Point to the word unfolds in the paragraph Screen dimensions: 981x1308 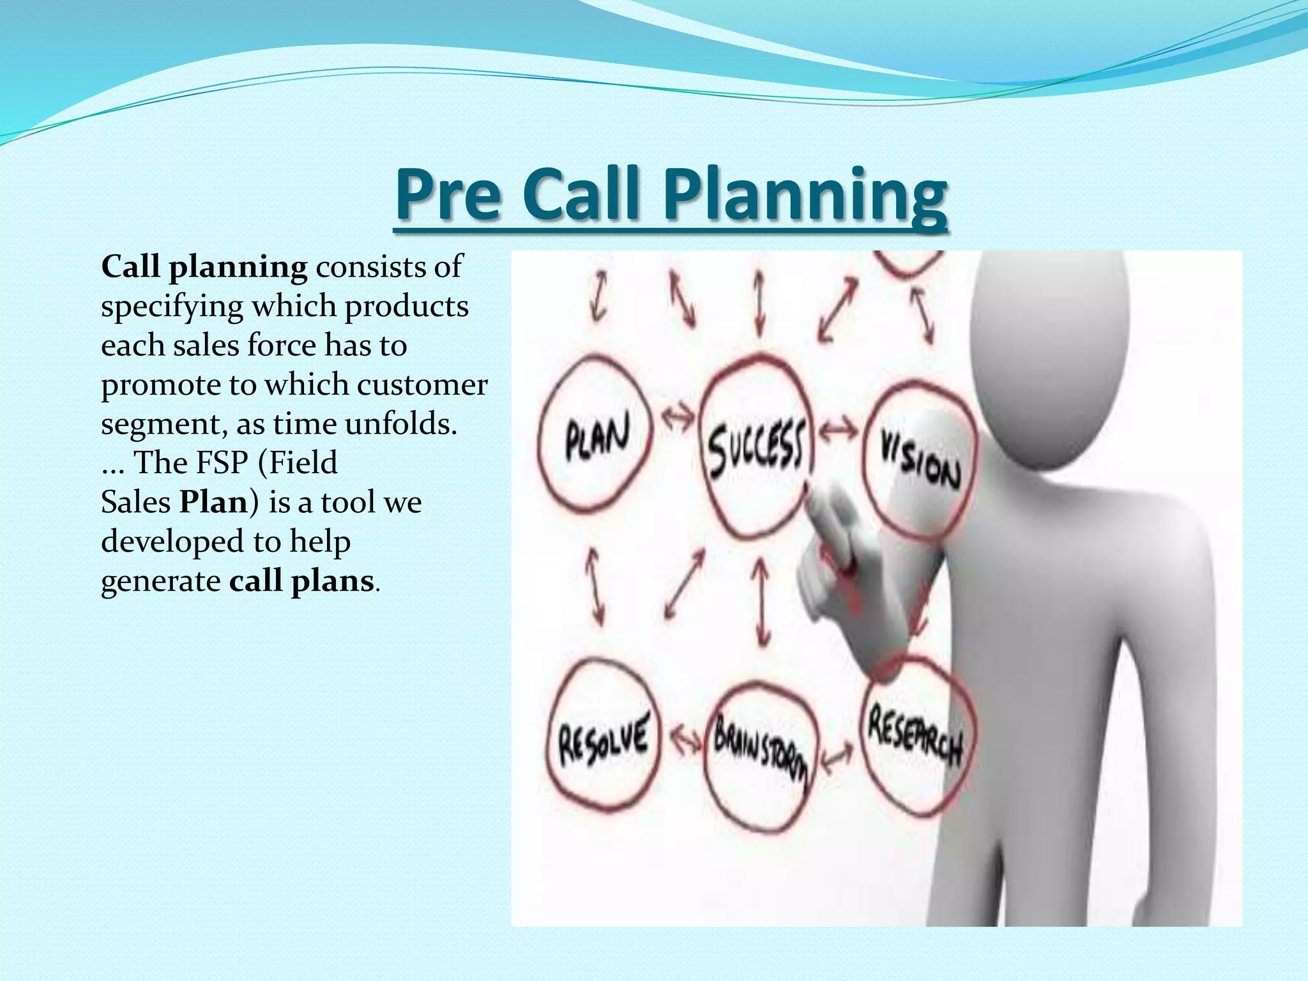coord(401,423)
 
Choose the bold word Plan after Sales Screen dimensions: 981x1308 coord(213,502)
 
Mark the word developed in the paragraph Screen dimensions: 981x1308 coord(172,542)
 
